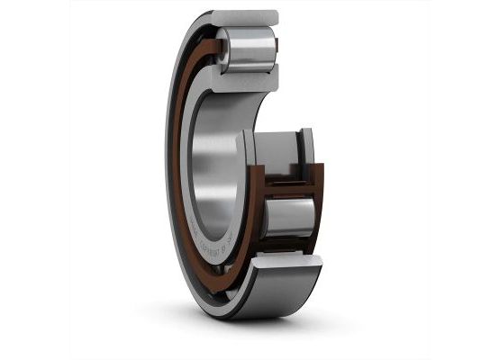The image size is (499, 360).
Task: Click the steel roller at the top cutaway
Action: click(245, 49)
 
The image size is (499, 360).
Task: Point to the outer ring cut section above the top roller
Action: click(245, 18)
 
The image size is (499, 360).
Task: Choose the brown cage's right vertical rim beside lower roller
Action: click(318, 211)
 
